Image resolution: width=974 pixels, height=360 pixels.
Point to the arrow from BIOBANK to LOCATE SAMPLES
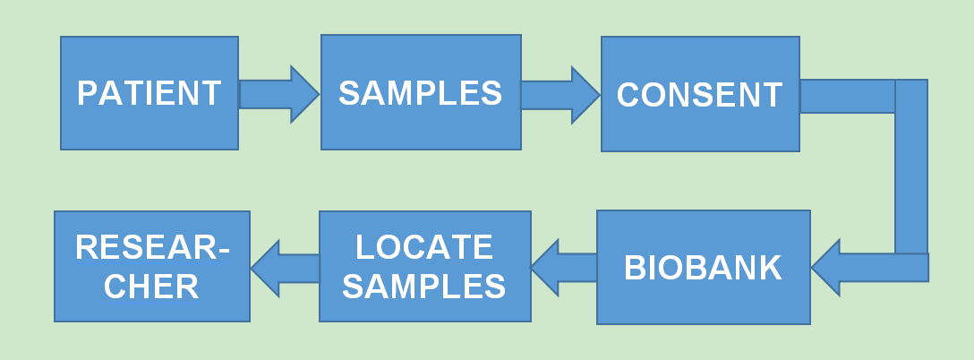pyautogui.click(x=564, y=268)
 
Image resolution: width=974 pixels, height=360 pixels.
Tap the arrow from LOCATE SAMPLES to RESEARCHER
pyautogui.click(x=285, y=268)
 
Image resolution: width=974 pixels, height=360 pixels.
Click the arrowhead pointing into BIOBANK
pyautogui.click(x=829, y=268)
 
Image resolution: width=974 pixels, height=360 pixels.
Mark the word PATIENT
pyautogui.click(x=149, y=93)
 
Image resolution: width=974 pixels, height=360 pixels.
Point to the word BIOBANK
pyautogui.click(x=703, y=268)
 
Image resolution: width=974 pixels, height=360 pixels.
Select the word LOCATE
pyautogui.click(x=424, y=247)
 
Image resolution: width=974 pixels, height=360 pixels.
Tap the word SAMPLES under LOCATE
pyautogui.click(x=424, y=286)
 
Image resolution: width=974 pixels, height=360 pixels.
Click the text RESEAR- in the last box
pyautogui.click(x=151, y=248)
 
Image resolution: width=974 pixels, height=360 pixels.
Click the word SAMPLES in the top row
pyautogui.click(x=421, y=93)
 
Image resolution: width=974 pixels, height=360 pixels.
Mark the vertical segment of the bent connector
pyautogui.click(x=911, y=170)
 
